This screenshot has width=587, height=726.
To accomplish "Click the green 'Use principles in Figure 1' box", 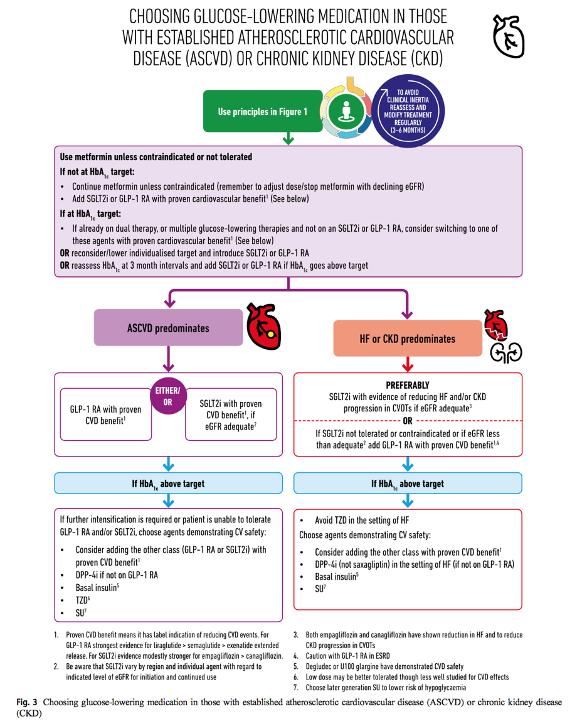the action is (x=263, y=111).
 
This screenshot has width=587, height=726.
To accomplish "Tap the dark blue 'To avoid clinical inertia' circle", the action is (x=408, y=111).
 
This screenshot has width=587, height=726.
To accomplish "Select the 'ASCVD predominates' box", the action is (x=168, y=328).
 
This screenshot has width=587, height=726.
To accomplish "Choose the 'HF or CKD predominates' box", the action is (x=408, y=339).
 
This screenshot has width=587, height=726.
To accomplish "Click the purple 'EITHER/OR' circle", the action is (x=168, y=396).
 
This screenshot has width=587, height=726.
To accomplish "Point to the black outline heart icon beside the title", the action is (x=508, y=36).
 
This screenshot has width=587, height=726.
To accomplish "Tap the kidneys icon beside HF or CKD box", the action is (x=506, y=354).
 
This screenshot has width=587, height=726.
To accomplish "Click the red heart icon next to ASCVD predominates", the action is (x=263, y=327).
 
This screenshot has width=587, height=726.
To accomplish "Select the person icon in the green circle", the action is (x=346, y=112).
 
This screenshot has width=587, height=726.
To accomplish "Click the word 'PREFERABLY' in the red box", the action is (x=408, y=385).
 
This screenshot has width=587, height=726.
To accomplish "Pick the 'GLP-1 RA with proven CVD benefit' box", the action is (x=106, y=414).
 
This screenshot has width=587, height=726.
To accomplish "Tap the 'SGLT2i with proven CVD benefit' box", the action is (x=231, y=414).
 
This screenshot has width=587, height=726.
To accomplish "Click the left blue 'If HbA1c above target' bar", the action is (x=168, y=484).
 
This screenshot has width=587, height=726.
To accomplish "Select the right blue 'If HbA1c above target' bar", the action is (x=408, y=484).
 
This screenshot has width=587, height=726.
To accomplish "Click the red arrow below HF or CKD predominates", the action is (x=407, y=364).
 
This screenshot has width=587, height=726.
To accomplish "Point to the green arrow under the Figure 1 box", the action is (x=288, y=138).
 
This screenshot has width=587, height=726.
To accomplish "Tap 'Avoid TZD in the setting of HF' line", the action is (x=361, y=521).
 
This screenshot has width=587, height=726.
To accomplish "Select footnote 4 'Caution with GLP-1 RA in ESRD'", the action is (x=347, y=656).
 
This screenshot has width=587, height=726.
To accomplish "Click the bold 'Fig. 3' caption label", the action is (x=27, y=702).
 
